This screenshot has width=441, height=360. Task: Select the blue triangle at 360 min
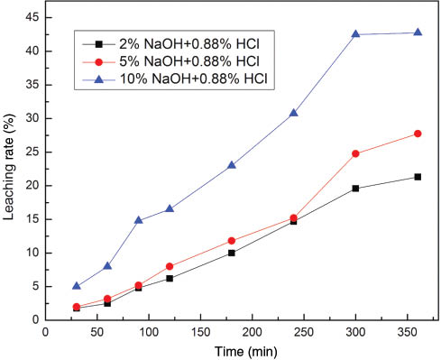pyautogui.click(x=418, y=32)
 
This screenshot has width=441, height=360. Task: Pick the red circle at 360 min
pyautogui.click(x=418, y=134)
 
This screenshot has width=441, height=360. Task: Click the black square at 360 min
pyautogui.click(x=418, y=177)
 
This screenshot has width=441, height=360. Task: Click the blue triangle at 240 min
pyautogui.click(x=294, y=113)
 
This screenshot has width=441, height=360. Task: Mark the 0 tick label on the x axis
pyautogui.click(x=46, y=331)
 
